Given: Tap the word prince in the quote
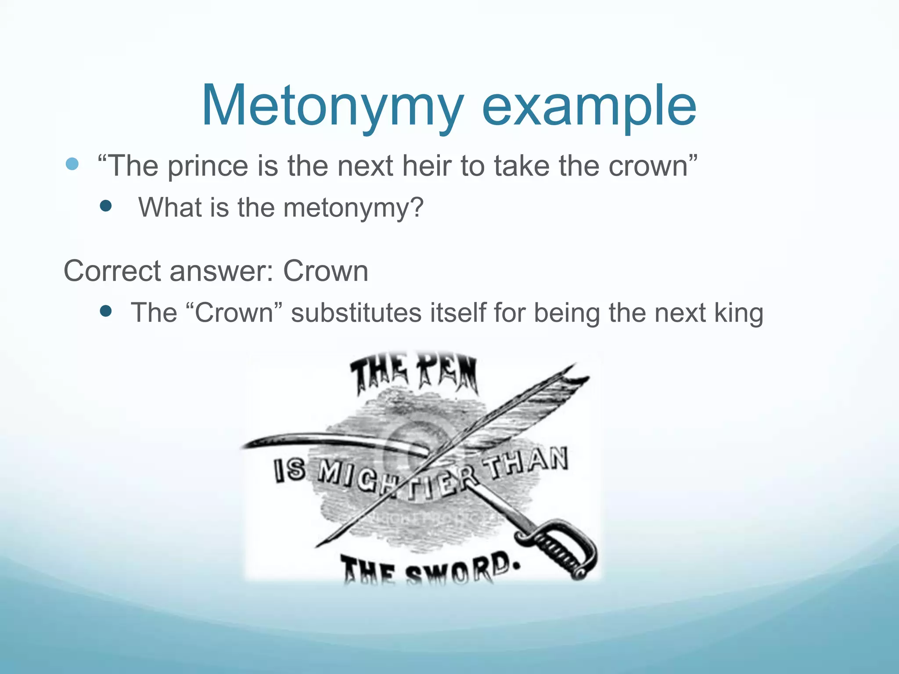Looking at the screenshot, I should [208, 166].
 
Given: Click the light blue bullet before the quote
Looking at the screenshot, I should [72, 164].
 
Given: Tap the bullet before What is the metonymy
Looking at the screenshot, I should [106, 206].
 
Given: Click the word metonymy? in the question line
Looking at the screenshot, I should [353, 208].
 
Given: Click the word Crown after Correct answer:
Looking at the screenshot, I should [325, 271].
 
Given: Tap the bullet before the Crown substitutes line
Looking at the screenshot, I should [106, 311].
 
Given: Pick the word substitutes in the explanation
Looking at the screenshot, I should [356, 313].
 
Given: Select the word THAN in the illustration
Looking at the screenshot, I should [529, 463].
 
